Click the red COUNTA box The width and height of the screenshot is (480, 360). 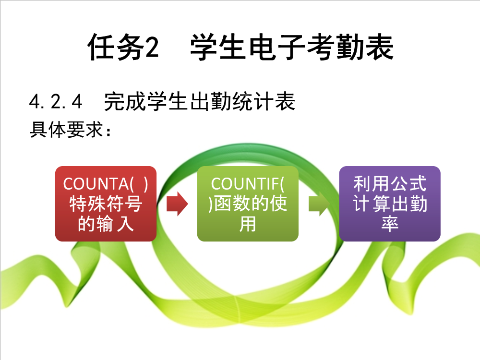[106, 204]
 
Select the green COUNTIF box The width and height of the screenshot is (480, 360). [248, 204]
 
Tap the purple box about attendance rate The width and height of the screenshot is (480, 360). [390, 204]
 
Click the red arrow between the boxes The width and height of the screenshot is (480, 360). [177, 204]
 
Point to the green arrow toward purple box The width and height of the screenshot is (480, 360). [319, 204]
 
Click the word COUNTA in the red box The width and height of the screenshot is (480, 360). [96, 184]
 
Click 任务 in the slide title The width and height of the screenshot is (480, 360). [116, 47]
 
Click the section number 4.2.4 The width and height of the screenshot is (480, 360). [56, 102]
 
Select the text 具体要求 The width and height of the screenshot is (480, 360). [66, 130]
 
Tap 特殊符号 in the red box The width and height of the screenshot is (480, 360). [106, 204]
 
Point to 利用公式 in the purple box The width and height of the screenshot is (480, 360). [390, 183]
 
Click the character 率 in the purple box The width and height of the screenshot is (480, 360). [390, 224]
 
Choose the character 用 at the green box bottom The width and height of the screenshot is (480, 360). [248, 224]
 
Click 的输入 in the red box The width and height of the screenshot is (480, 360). [106, 224]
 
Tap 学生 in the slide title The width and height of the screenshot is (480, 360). [218, 47]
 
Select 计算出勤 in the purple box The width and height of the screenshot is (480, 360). [390, 204]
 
